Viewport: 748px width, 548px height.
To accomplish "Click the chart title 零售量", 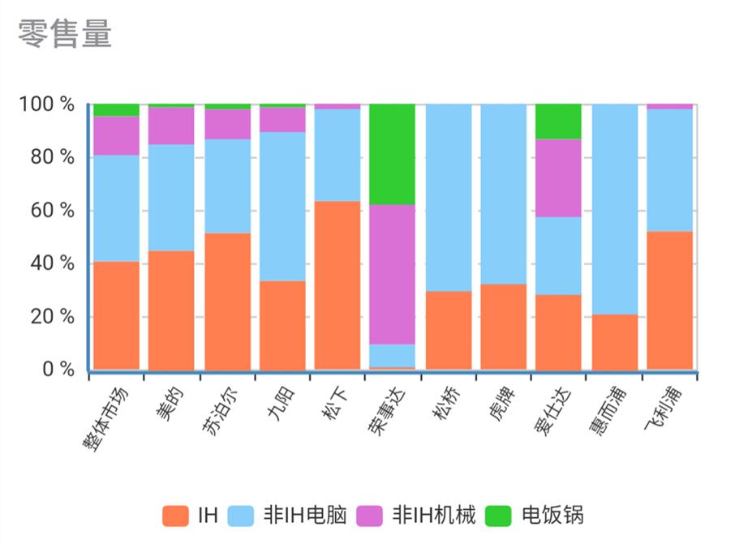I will (x=65, y=33).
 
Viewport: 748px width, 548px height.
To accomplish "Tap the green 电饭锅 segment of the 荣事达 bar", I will (x=392, y=154).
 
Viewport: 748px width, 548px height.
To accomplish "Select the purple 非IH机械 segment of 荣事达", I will (x=392, y=274).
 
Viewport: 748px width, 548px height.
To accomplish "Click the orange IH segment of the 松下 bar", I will (x=337, y=285).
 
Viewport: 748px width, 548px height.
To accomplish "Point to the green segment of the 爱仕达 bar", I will (x=558, y=122).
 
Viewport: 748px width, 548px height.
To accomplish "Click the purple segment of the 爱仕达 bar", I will (x=558, y=178).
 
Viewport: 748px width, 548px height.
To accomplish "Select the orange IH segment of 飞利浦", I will (x=669, y=301).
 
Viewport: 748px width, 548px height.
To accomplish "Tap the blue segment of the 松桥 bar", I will (x=448, y=198).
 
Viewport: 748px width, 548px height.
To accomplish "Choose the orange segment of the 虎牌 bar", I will (x=503, y=327).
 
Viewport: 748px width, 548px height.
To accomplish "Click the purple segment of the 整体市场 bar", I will (x=116, y=135).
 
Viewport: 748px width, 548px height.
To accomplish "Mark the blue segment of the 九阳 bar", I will (x=282, y=206).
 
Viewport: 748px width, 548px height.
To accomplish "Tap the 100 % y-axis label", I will (x=47, y=105).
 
